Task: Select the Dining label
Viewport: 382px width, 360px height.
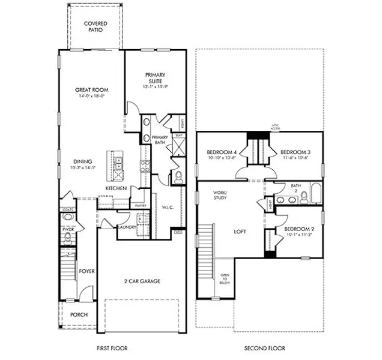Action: [x=83, y=161]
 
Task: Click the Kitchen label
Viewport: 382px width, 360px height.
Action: [x=115, y=188]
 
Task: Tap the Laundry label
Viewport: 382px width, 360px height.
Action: [x=126, y=227]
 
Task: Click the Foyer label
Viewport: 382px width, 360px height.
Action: [x=87, y=271]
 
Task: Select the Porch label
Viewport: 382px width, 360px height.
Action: [x=79, y=314]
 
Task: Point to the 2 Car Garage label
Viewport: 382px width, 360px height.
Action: [x=142, y=280]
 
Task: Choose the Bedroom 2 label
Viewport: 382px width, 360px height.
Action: [x=299, y=229]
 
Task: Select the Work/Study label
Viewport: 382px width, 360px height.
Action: [x=220, y=194]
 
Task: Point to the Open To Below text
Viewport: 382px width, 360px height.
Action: [x=224, y=279]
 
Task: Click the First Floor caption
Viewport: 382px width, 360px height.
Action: [x=112, y=348]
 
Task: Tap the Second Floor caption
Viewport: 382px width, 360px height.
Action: [x=264, y=348]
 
